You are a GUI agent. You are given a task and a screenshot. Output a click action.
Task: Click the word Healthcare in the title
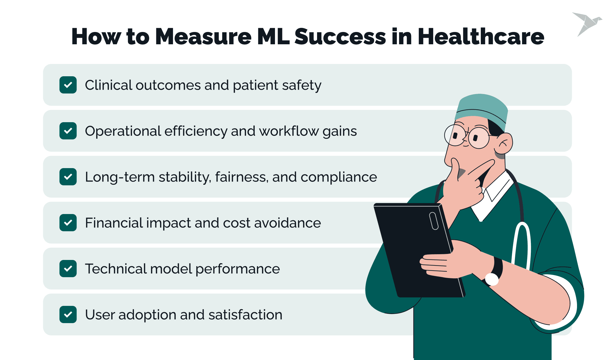click(x=481, y=37)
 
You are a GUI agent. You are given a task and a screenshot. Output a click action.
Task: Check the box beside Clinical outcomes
click(x=68, y=85)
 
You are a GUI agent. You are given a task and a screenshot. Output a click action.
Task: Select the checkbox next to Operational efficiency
click(x=68, y=131)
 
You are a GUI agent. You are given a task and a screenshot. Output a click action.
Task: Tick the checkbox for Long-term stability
click(x=68, y=177)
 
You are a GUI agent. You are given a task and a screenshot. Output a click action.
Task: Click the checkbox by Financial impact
click(x=68, y=223)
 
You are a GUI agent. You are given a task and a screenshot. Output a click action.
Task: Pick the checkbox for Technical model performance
click(x=68, y=269)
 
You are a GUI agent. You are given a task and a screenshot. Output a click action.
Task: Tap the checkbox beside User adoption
click(x=68, y=315)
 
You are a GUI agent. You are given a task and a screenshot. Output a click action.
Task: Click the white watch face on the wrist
click(x=492, y=279)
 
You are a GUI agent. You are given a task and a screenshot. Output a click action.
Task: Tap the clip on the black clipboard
click(x=434, y=221)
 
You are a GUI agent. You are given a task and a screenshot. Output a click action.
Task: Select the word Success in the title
click(x=340, y=37)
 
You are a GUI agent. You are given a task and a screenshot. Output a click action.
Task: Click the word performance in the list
click(x=238, y=269)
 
